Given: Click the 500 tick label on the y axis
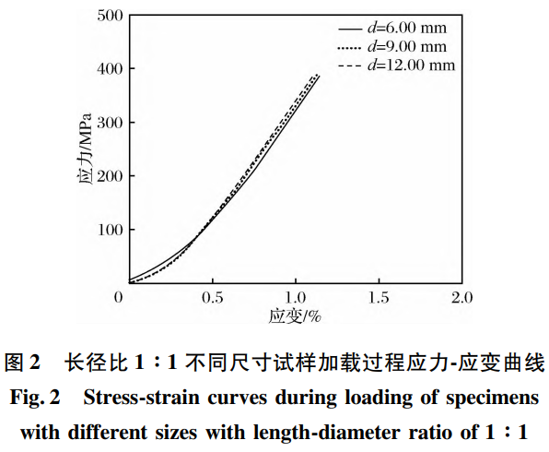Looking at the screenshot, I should [x=108, y=15].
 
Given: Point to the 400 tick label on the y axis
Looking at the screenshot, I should [x=108, y=69].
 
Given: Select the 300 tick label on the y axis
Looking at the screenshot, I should [x=108, y=123].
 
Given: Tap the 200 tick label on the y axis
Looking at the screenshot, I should [x=108, y=176].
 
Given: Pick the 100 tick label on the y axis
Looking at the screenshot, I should [x=108, y=230].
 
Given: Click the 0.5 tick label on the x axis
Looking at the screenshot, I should [x=213, y=297].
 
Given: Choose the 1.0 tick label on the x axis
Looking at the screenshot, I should [x=295, y=297].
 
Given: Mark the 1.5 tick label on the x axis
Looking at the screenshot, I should [x=378, y=297].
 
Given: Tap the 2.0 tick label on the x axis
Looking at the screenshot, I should [x=461, y=297].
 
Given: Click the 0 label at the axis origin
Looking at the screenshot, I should [x=119, y=297].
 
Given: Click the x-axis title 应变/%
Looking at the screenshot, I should [x=295, y=316].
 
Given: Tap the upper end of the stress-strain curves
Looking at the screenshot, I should [x=318, y=75].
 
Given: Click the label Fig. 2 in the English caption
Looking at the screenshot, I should [x=35, y=399].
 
